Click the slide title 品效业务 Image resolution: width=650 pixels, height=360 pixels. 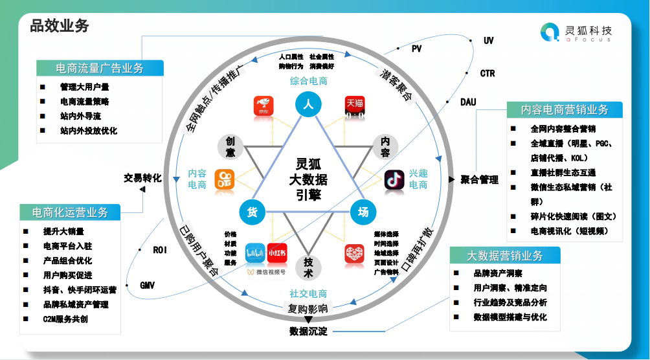coord(60,26)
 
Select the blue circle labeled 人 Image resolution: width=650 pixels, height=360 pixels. coord(308,104)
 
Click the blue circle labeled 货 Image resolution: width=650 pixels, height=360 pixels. coord(252,211)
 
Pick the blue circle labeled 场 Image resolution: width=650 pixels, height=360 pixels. coord(363,211)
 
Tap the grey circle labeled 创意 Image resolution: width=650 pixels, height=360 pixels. coord(230,147)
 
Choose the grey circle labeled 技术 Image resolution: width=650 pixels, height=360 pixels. coord(308,267)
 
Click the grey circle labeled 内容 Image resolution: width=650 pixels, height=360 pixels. coord(385,147)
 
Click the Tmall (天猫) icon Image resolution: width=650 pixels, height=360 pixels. coord(354,107)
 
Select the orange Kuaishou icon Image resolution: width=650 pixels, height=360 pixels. coord(225,180)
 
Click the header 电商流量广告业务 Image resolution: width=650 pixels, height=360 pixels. coord(100,68)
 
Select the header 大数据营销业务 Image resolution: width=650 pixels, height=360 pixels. coord(505,255)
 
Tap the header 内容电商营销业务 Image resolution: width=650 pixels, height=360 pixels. coord(565,109)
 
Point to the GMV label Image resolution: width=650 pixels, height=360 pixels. coord(148,285)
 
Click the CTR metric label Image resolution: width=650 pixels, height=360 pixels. coord(487,73)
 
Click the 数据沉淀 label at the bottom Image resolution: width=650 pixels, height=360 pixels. coord(308,332)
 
